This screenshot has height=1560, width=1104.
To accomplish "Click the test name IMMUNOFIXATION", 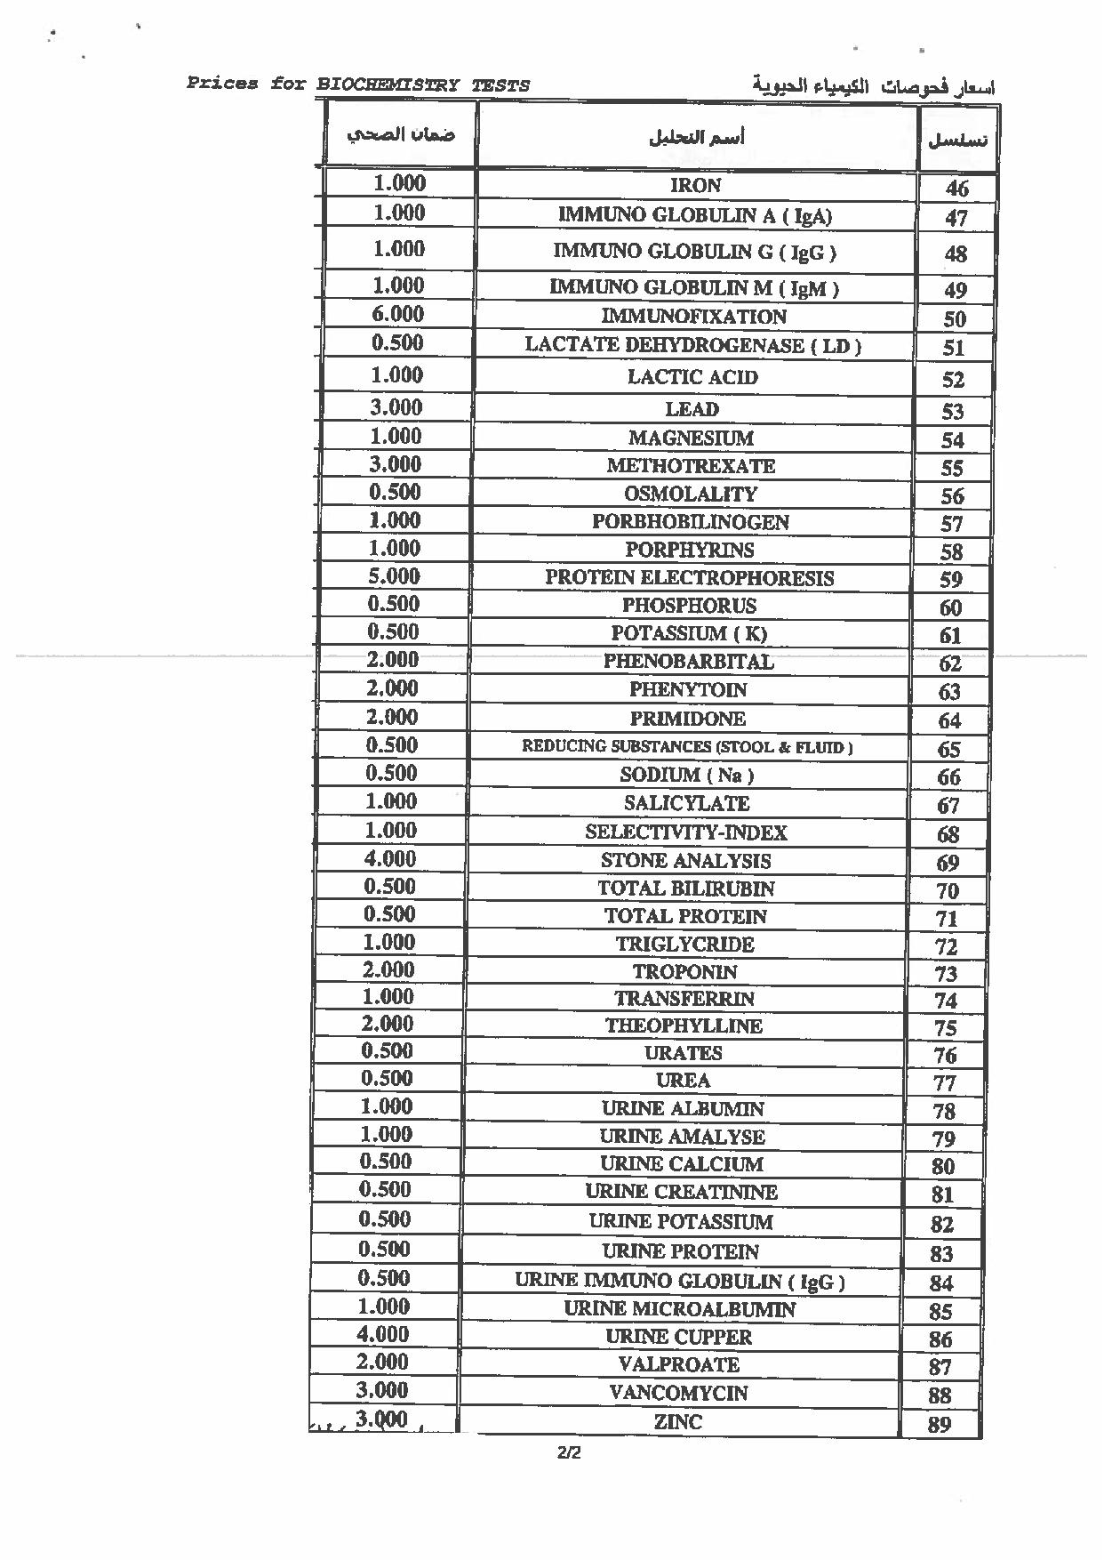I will pos(693,317).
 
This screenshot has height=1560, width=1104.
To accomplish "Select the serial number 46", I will pos(956,189).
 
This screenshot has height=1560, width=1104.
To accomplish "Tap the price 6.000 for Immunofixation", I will pos(397,314).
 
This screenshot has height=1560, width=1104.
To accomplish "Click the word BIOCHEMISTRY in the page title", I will pos(388,85).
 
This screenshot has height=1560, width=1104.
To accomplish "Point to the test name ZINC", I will pos(677,1422).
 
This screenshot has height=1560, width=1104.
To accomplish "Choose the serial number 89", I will pos(939,1425).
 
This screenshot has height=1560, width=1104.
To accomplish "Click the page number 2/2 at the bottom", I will pos(569,1454).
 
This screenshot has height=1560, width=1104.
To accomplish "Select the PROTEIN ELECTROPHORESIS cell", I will pos(689,578).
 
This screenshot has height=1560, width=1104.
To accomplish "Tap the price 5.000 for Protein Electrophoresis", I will pos(394,576).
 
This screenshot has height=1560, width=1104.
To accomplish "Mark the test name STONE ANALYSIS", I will pos(685,861).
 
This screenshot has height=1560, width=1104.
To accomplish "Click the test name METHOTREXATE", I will pos(691,466).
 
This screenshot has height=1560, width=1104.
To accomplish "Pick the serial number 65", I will pos(948,749).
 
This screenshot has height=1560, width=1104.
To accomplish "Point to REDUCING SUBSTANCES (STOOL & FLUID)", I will pos(686,747).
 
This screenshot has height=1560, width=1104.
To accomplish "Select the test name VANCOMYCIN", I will pos(678,1393).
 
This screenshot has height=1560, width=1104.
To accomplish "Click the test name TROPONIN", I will pos(684,972).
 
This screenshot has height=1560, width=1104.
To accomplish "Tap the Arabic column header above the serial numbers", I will pos(957,140).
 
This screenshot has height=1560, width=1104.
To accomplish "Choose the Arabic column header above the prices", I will pos(400,135).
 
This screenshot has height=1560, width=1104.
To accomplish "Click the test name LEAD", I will pos(692,409).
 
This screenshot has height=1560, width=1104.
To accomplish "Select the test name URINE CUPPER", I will pos(678,1337).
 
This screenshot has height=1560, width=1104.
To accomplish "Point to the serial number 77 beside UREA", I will pos(944,1083).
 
